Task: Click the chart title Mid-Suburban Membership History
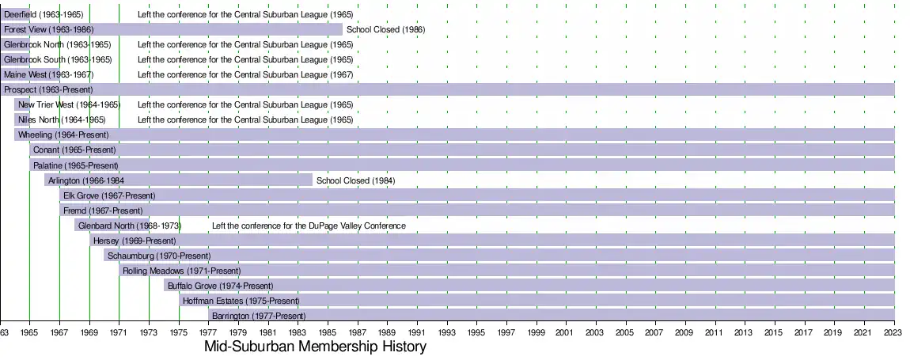click(315, 347)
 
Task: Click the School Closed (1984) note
click(355, 180)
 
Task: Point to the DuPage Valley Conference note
click(309, 225)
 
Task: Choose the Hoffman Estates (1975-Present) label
click(241, 301)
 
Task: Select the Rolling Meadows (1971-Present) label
click(182, 271)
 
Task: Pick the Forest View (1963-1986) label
click(48, 30)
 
